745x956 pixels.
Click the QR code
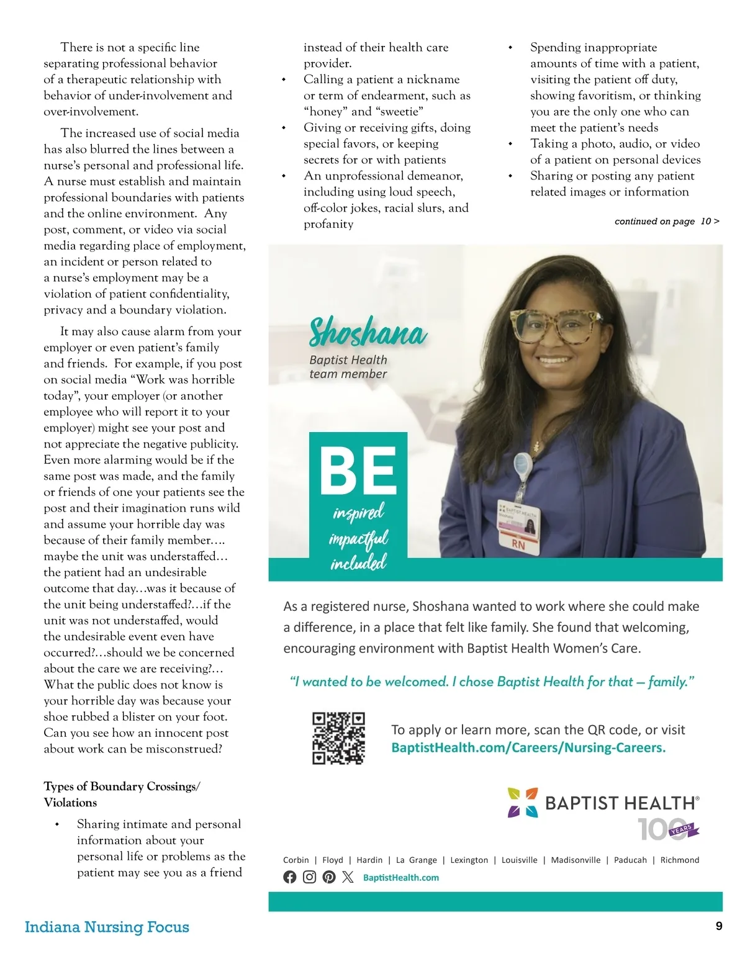338,738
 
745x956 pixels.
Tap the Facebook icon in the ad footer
290,877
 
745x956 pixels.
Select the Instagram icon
309,877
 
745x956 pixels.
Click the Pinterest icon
329,877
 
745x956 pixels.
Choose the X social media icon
348,877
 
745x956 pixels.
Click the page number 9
719,926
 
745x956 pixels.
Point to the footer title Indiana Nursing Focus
107,927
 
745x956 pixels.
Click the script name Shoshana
368,332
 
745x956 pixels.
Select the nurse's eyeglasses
557,326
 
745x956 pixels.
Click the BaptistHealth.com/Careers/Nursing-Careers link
528,747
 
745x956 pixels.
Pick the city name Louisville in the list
519,860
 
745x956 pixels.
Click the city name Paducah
630,860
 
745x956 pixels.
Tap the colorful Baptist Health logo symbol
523,803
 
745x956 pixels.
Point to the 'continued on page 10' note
667,221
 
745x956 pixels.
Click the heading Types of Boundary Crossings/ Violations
122,795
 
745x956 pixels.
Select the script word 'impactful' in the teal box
359,538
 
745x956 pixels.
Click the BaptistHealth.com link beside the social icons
401,878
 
